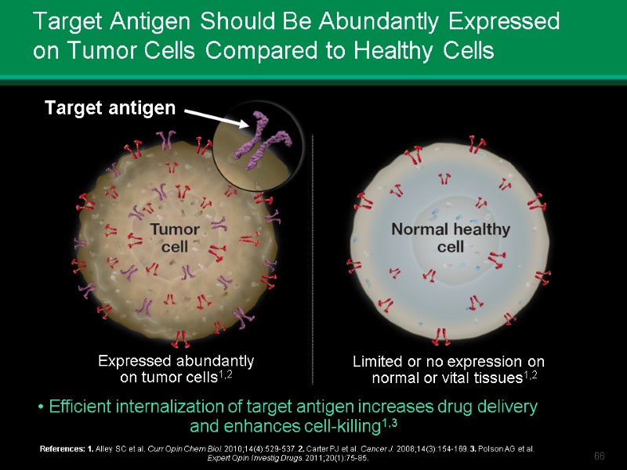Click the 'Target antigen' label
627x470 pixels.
110,109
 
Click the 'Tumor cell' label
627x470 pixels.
174,237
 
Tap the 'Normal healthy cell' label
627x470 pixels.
450,237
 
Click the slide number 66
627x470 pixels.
600,456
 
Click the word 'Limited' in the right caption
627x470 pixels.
378,362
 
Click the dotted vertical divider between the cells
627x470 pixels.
313,258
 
